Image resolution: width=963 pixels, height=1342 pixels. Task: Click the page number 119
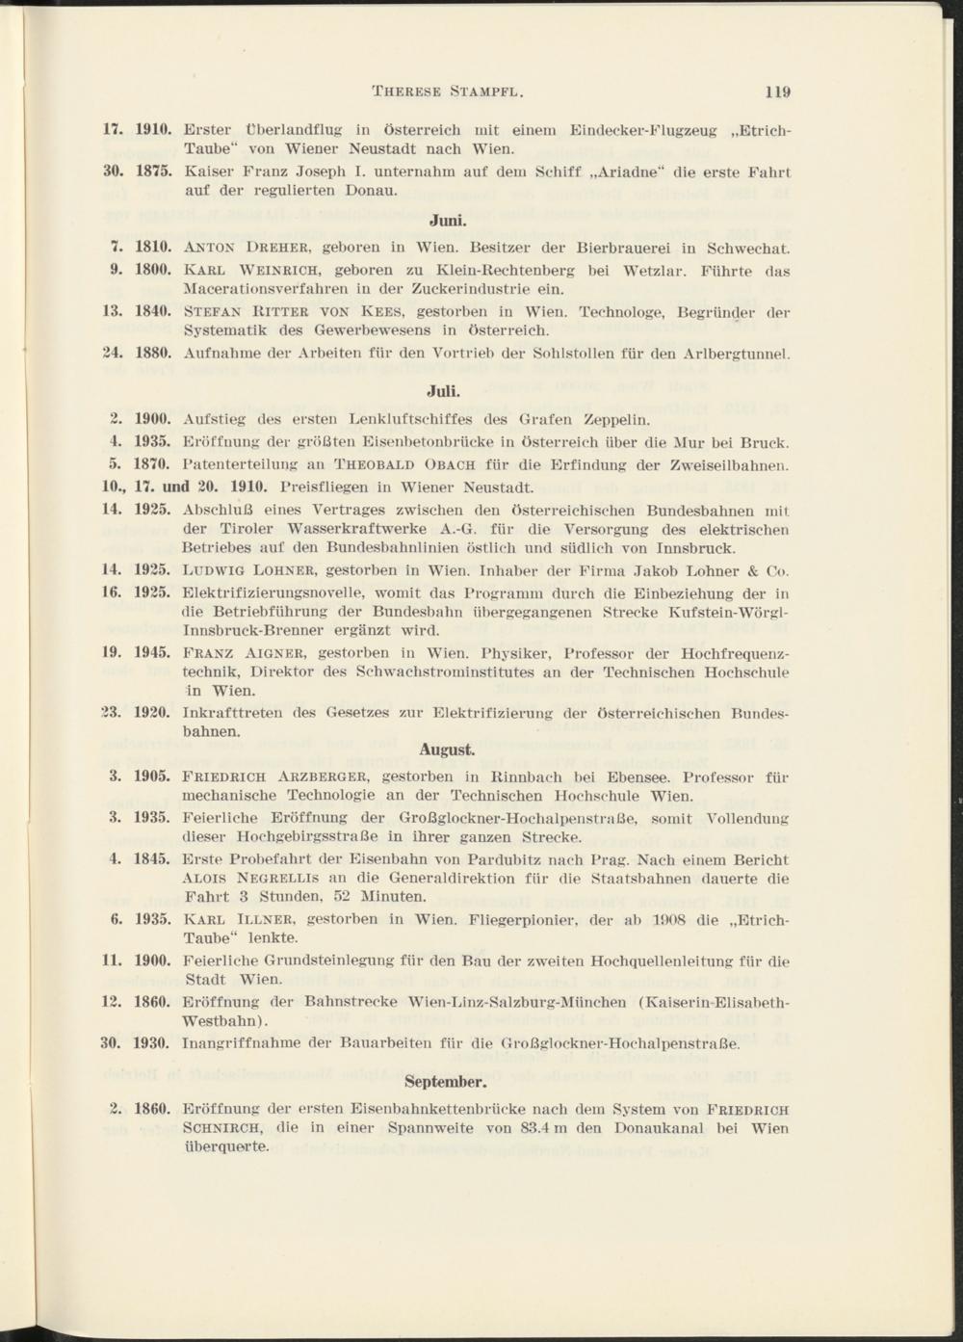point(777,92)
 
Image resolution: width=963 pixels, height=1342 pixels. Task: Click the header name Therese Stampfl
point(447,92)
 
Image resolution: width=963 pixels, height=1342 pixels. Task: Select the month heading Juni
point(443,220)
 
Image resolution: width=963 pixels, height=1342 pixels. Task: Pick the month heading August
point(446,749)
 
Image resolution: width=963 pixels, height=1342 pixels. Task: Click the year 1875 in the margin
point(152,172)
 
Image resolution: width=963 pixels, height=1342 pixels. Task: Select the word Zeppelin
point(614,420)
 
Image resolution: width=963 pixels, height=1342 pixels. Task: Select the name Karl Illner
point(236,919)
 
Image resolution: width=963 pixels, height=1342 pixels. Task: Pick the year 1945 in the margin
point(152,652)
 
